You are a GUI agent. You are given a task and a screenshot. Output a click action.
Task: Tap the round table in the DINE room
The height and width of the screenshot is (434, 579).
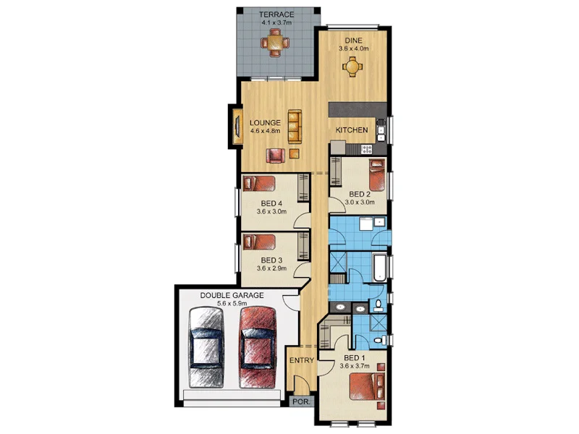pos(352,68)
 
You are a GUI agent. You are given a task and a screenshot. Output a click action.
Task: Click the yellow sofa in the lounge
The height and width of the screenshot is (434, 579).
pos(294,126)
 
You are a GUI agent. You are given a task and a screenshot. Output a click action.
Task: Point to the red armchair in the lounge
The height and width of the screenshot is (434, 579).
pos(276,155)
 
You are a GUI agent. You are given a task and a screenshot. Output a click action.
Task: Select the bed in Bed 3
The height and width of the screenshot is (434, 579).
pos(260,242)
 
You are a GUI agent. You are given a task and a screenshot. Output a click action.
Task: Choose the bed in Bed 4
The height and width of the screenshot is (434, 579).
pos(260,182)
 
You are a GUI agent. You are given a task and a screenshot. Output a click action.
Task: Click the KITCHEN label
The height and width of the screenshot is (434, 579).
pos(352,130)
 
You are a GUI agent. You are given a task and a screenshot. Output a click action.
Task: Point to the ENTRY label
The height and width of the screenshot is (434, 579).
pos(300,360)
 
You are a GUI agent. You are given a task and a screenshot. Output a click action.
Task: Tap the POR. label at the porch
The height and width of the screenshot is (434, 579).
pos(299,401)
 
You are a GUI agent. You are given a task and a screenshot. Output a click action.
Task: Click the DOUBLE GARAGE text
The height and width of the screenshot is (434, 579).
pos(232,295)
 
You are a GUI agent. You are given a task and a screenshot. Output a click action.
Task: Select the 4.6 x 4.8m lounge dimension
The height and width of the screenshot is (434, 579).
pos(266,131)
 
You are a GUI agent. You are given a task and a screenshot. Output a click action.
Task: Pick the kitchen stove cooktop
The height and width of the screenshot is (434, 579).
pos(366,149)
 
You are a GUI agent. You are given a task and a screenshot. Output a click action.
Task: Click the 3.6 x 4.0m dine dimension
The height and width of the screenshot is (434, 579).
pos(354,49)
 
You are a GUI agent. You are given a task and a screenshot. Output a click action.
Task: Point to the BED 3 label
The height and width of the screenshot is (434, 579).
pos(271,260)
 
